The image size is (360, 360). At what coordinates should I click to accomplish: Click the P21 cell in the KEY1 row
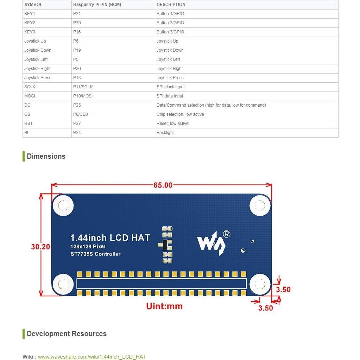point(77,14)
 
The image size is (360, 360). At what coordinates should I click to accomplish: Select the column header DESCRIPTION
point(171,5)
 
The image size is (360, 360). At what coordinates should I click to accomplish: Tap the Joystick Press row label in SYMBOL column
point(38,78)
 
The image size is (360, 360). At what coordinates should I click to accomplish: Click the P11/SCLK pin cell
point(83,87)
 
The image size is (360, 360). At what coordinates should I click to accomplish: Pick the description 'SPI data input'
point(170,96)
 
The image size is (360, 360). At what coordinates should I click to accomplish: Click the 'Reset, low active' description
point(172,124)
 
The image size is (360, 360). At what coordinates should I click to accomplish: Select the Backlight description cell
point(165,133)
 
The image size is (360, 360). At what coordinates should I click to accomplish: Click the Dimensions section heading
point(46,156)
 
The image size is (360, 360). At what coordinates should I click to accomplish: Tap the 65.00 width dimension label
point(163,185)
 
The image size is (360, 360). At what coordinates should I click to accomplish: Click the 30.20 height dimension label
point(40,247)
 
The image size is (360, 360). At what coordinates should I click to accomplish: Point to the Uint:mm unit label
point(164,306)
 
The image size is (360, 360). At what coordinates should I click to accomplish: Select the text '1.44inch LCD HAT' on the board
point(110,238)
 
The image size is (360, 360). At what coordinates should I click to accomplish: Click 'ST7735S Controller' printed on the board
point(95,254)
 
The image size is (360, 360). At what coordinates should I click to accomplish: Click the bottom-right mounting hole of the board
point(260,284)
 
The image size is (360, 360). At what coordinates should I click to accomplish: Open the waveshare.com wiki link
point(91,356)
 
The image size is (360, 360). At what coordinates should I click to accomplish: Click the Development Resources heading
point(67,334)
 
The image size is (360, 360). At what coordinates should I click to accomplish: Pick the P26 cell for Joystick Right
point(77,69)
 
